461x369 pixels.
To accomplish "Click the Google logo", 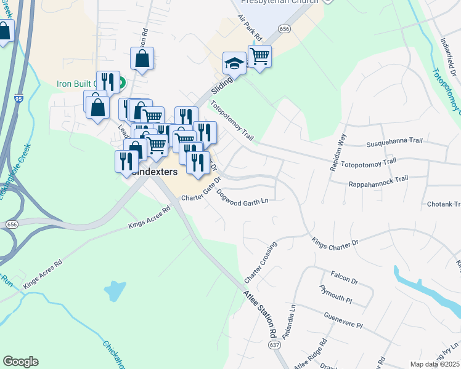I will [20, 362].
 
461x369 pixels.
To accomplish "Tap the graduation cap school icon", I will [234, 63].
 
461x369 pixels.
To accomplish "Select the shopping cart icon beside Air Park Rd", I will [259, 57].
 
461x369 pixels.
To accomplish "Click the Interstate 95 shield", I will [16, 98].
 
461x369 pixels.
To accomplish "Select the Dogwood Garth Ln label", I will [242, 201].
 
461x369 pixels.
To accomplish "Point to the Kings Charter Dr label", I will [335, 242].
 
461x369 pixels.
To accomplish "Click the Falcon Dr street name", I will [345, 279].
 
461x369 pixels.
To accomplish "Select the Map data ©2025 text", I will [434, 364].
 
